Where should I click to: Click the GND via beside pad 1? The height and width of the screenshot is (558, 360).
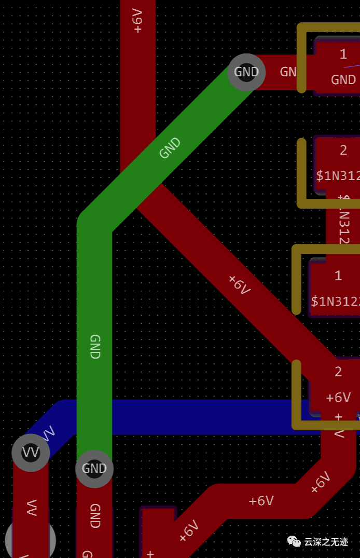tap(246, 72)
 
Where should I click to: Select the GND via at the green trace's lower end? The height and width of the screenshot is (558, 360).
tap(94, 469)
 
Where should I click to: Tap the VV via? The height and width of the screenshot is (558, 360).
tap(31, 453)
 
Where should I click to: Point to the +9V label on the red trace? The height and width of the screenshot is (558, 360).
tap(137, 21)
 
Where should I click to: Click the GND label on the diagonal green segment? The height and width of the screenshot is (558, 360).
tap(170, 148)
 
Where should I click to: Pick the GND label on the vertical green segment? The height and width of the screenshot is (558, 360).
tap(94, 347)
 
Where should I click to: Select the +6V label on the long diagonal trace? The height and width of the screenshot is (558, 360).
tap(239, 285)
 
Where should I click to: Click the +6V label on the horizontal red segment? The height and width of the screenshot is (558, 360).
tap(261, 501)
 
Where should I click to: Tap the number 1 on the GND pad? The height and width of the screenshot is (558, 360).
tap(343, 53)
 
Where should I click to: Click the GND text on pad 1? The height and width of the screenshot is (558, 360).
tap(343, 79)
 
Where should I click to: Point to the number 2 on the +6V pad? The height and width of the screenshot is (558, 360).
tap(338, 372)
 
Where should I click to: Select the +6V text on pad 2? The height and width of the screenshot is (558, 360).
tap(338, 398)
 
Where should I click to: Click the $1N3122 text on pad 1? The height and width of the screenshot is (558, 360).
tap(335, 301)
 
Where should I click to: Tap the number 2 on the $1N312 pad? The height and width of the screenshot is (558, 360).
tap(343, 150)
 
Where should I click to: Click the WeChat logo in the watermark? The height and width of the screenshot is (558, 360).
tap(294, 541)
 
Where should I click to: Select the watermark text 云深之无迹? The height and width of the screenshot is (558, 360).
tap(326, 542)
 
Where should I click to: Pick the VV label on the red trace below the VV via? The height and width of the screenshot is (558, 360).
tap(31, 507)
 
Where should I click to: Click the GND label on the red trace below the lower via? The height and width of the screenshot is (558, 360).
tap(94, 515)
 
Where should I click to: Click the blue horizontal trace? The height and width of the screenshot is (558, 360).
tap(207, 417)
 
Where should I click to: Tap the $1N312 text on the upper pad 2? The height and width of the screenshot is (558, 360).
tap(338, 175)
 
